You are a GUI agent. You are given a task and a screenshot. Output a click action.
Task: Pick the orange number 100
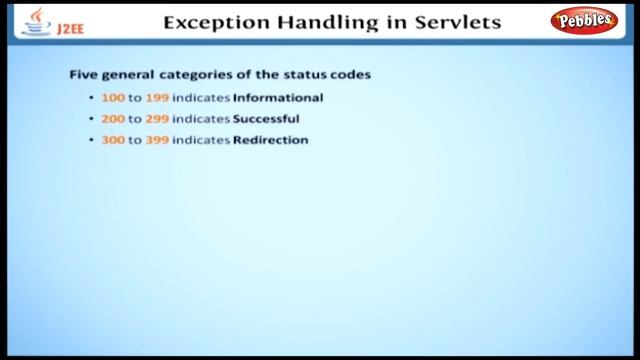112,98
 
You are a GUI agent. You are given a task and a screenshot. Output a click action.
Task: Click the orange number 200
113,119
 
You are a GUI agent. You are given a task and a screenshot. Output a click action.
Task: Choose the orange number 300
113,140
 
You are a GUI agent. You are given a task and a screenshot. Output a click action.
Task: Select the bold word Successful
266,119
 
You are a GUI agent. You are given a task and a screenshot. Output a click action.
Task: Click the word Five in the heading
82,75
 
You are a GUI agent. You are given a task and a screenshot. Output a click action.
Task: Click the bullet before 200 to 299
91,119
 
